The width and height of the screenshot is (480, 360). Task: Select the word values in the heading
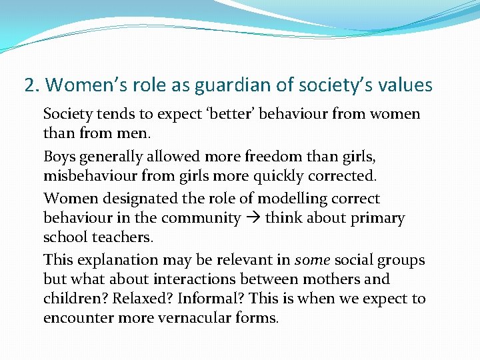point(402,86)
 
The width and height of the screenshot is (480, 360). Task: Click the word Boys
point(59,157)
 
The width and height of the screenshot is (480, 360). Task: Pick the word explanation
point(113,260)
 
